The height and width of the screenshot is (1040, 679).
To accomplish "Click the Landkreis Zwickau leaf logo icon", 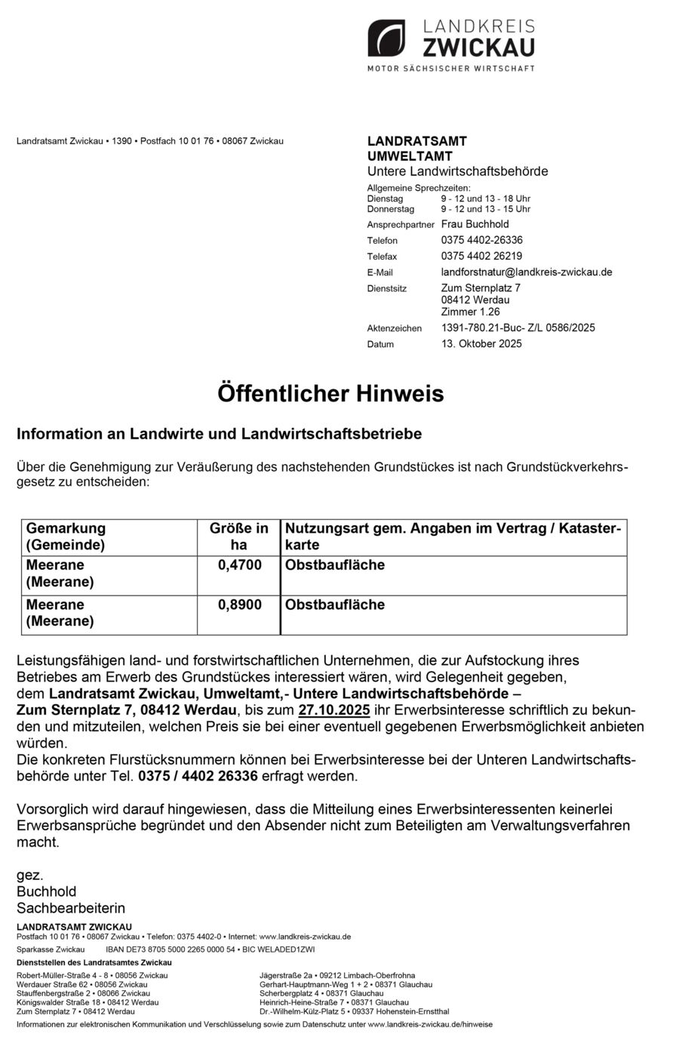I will [x=386, y=38].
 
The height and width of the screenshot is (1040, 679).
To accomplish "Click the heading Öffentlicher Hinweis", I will [x=330, y=394].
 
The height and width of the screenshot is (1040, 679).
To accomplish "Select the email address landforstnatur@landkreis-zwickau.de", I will [x=526, y=272].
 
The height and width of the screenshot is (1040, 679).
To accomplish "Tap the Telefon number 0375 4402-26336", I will [x=481, y=240].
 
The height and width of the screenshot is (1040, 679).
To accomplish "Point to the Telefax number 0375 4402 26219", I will [x=481, y=256].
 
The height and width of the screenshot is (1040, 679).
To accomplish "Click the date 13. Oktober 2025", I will [x=481, y=343].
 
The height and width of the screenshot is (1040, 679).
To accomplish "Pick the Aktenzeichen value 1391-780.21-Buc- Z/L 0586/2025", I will [x=518, y=328].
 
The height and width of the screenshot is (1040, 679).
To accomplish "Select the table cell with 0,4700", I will [x=239, y=565].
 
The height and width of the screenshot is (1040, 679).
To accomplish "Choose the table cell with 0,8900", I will [x=239, y=605].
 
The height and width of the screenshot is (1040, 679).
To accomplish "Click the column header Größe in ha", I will [x=239, y=537].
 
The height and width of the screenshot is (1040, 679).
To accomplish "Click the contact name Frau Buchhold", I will [x=475, y=224].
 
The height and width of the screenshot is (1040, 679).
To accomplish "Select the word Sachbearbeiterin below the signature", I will [x=71, y=908].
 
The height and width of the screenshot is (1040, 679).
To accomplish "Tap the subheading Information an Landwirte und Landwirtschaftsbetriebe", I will [x=219, y=434].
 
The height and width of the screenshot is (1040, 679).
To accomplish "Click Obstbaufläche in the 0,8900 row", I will [x=334, y=605].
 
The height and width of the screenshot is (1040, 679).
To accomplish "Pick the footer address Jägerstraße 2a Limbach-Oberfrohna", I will [x=336, y=975].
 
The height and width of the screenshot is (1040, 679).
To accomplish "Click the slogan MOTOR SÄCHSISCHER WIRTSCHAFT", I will [x=450, y=68].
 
